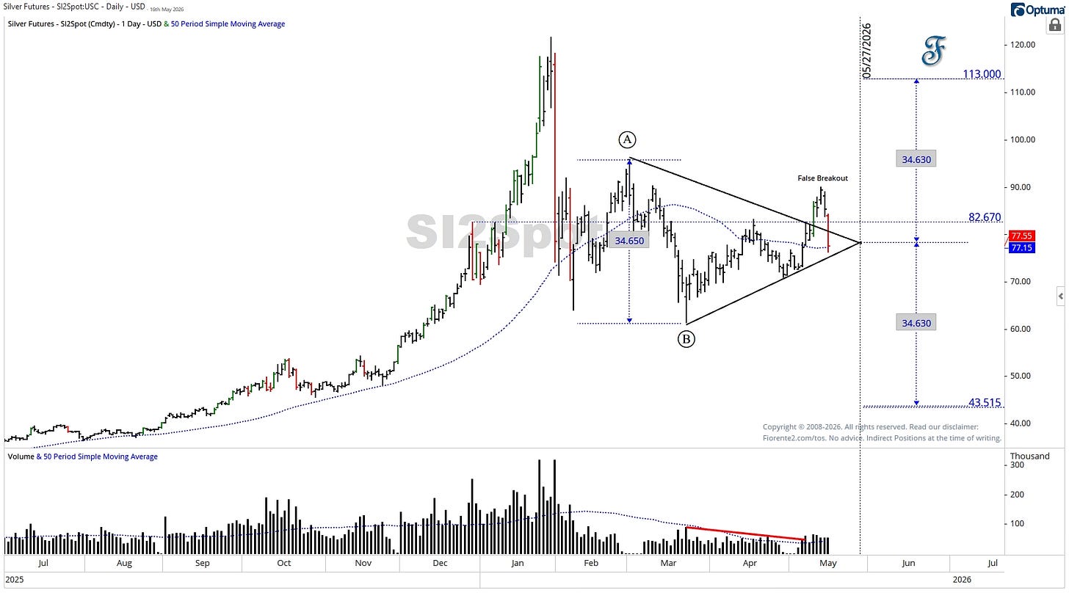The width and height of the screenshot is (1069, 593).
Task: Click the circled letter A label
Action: click(x=627, y=139)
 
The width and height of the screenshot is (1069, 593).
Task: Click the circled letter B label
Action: click(x=686, y=339)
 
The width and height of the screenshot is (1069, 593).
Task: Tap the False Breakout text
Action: click(x=823, y=178)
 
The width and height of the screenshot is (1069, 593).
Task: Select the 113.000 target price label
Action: click(x=982, y=74)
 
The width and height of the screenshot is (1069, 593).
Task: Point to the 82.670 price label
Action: click(x=985, y=217)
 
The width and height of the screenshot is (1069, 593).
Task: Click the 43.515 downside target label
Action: click(x=985, y=403)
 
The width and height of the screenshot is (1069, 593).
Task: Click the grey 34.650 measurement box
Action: click(x=629, y=241)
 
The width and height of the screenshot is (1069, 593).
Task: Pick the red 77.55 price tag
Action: click(x=1022, y=236)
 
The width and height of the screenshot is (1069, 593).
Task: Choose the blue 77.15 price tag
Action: click(x=1022, y=247)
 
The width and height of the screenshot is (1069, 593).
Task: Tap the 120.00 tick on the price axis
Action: click(x=1023, y=45)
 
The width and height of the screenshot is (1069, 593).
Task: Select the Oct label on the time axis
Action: click(x=284, y=563)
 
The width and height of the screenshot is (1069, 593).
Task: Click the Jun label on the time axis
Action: click(x=908, y=563)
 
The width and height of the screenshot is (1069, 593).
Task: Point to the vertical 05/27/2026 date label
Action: click(x=866, y=51)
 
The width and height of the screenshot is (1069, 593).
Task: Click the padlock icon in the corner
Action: click(x=1054, y=25)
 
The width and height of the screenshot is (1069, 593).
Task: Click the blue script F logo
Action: click(x=933, y=51)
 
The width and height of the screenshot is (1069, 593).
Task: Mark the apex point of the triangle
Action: click(x=860, y=242)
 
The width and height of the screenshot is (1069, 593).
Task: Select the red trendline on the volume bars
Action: click(x=745, y=534)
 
